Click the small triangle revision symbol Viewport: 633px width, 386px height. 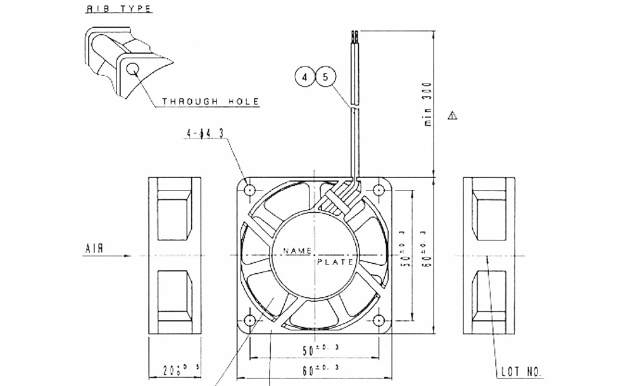[x=451, y=116]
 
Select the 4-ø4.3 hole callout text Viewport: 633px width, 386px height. [x=205, y=134]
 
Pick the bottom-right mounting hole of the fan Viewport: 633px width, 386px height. [x=380, y=321]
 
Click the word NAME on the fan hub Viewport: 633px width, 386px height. [x=294, y=251]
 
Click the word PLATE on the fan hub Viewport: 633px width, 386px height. [x=332, y=261]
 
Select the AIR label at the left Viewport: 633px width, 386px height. [x=94, y=249]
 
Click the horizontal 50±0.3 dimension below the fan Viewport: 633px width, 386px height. [x=315, y=348]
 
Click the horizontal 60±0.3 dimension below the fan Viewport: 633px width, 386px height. [x=315, y=368]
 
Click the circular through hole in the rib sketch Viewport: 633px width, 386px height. [x=134, y=70]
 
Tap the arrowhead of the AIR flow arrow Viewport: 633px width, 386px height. [x=128, y=256]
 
